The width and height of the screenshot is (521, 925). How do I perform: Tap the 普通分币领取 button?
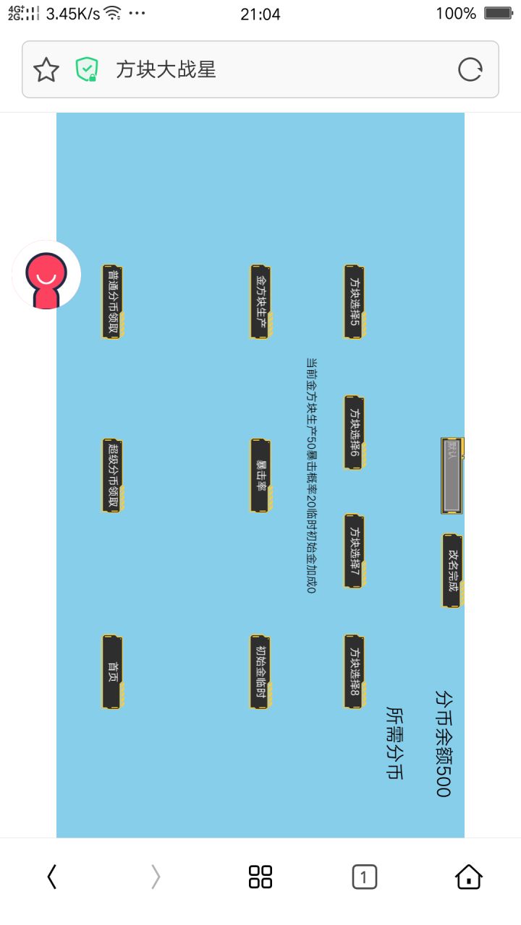coord(112,301)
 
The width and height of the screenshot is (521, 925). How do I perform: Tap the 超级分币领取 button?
coord(112,476)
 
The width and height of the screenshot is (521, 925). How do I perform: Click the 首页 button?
coord(112,672)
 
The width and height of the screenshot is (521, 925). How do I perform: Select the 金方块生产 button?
coord(260,301)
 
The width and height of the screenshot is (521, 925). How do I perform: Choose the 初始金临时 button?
coord(260,672)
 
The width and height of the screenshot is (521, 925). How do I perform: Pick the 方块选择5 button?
coord(354,301)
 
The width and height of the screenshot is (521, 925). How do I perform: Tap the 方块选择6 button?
coord(354,432)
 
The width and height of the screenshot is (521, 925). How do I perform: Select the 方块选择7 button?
coord(354,551)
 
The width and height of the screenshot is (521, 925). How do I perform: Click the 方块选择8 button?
coord(354,672)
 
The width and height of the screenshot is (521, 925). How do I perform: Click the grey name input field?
coord(452,476)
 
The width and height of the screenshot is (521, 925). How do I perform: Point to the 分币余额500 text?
coord(443,743)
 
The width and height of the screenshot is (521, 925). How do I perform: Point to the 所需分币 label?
coord(394,743)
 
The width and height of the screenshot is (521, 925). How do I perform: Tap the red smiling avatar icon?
coord(46,275)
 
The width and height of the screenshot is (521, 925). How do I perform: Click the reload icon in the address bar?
coord(470,69)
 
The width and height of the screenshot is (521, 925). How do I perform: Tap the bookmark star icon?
coord(46,69)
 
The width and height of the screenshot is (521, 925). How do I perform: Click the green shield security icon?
coord(86,69)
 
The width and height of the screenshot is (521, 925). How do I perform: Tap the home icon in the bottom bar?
coord(469,877)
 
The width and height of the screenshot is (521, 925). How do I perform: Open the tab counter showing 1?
coord(364,877)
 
